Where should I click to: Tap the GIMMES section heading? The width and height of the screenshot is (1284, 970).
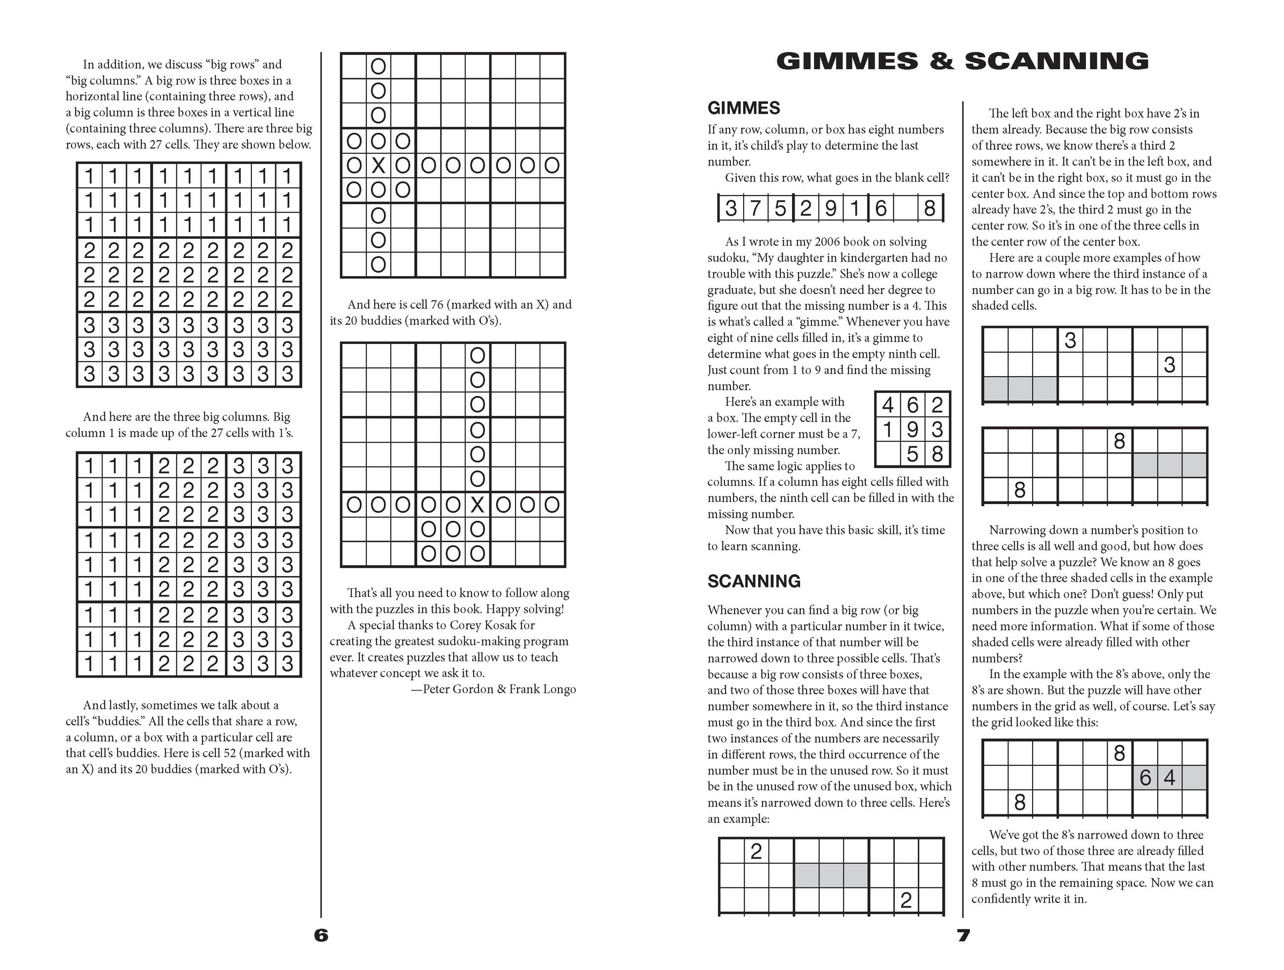coord(744,108)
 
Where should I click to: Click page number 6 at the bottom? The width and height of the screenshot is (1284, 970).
coord(321,935)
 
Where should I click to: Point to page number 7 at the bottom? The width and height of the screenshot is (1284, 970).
coord(963,935)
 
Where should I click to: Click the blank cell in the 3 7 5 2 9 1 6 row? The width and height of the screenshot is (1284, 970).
coord(905,208)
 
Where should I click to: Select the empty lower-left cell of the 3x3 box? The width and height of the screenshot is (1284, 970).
coord(887,454)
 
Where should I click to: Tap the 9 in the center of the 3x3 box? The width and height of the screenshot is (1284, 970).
coord(912,430)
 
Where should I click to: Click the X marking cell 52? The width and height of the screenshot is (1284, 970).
coord(378,166)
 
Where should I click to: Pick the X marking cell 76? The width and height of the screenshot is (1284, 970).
coord(477,505)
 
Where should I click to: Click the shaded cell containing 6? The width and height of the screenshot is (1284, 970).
coord(1145,778)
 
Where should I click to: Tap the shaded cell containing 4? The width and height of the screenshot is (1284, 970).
coord(1169,778)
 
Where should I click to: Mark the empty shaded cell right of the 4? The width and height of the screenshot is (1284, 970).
coord(1195,778)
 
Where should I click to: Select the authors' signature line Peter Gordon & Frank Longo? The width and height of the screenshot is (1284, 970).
coord(499,689)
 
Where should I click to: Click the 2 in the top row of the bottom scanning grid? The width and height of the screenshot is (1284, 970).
coord(756,851)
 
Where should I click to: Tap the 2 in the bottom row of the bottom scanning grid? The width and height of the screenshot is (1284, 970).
coord(906,900)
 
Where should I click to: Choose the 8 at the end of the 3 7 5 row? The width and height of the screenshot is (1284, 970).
coord(929,208)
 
